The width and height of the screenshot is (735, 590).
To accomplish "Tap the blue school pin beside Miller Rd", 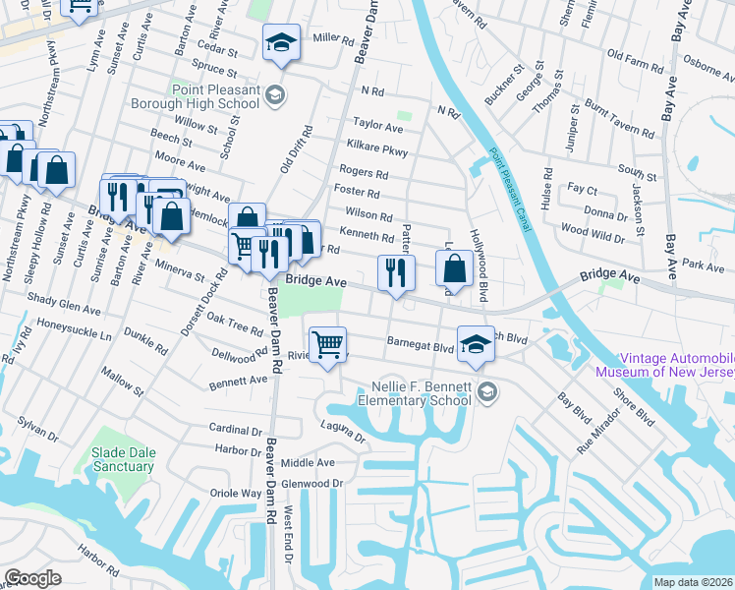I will (x=281, y=44).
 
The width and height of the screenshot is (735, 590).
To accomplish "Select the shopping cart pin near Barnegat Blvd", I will (x=327, y=345).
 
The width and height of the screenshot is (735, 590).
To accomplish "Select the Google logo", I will (x=32, y=578).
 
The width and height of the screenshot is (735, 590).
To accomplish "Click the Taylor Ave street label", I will (x=378, y=127).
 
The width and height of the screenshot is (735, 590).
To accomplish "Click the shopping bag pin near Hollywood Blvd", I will (x=455, y=268).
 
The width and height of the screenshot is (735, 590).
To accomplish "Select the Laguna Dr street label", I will (x=343, y=431).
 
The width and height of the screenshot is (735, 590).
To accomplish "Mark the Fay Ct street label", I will (x=582, y=189).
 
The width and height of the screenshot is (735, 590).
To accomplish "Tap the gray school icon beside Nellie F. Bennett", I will (x=485, y=393).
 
